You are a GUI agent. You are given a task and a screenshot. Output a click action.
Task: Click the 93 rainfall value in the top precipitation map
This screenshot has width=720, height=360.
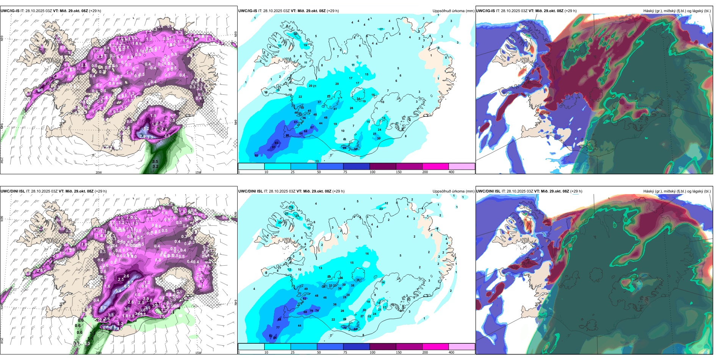click(x=276, y=143)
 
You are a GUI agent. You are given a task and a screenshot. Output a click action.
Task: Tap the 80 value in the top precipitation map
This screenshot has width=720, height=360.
click(x=287, y=135)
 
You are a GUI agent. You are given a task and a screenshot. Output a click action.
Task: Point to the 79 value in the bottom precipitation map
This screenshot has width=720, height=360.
click(x=311, y=311)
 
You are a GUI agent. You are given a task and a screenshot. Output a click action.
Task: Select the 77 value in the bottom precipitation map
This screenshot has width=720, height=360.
click(x=278, y=327)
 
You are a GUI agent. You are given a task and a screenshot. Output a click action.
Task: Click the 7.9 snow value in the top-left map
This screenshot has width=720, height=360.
click(x=142, y=136)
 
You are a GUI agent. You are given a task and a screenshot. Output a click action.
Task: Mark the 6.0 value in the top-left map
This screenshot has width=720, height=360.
click(x=40, y=91)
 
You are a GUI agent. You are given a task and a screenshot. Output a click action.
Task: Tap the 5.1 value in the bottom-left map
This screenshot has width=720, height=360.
click(x=103, y=308)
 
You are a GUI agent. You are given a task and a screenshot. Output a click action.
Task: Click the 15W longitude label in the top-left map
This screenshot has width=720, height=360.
click(x=198, y=172)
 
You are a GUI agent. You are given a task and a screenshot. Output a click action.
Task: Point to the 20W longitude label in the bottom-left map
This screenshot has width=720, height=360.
click(x=99, y=353)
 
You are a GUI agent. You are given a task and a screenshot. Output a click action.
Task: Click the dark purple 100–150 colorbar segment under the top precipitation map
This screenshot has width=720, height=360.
click(x=383, y=166)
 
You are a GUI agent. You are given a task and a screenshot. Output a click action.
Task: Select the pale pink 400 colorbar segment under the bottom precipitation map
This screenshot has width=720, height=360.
click(x=462, y=347)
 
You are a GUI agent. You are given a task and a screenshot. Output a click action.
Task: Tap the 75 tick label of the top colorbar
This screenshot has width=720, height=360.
click(x=345, y=172)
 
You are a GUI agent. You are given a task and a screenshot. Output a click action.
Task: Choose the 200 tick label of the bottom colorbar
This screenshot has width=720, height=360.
click(x=425, y=352)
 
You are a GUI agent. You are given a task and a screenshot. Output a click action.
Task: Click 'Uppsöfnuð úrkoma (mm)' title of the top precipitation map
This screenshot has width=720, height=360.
click(x=453, y=11)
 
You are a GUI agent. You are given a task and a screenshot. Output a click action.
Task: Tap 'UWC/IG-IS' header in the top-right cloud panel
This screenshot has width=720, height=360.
click(x=485, y=11)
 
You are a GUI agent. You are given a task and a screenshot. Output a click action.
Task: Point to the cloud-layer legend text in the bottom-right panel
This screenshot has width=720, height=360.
click(x=677, y=191)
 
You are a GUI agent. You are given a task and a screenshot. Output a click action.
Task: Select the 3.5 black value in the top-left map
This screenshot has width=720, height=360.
click(x=155, y=161)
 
